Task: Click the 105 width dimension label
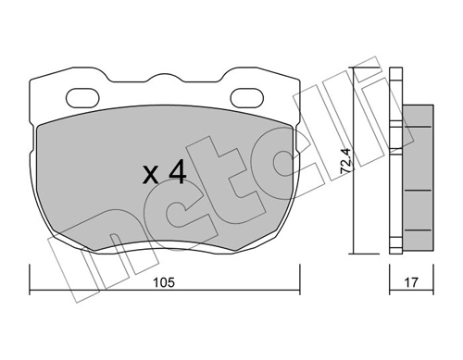pyautogui.click(x=164, y=282)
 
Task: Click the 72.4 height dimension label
pyautogui.click(x=345, y=160)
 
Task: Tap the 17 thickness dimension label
pyautogui.click(x=411, y=282)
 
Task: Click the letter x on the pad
pyautogui.click(x=151, y=175)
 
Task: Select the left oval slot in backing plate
pyautogui.click(x=82, y=98)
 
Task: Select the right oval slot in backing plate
pyautogui.click(x=247, y=98)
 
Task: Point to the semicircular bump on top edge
pyautogui.click(x=165, y=77)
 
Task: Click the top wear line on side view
pyautogui.click(x=418, y=127)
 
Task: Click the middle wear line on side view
pyautogui.click(x=418, y=191)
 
